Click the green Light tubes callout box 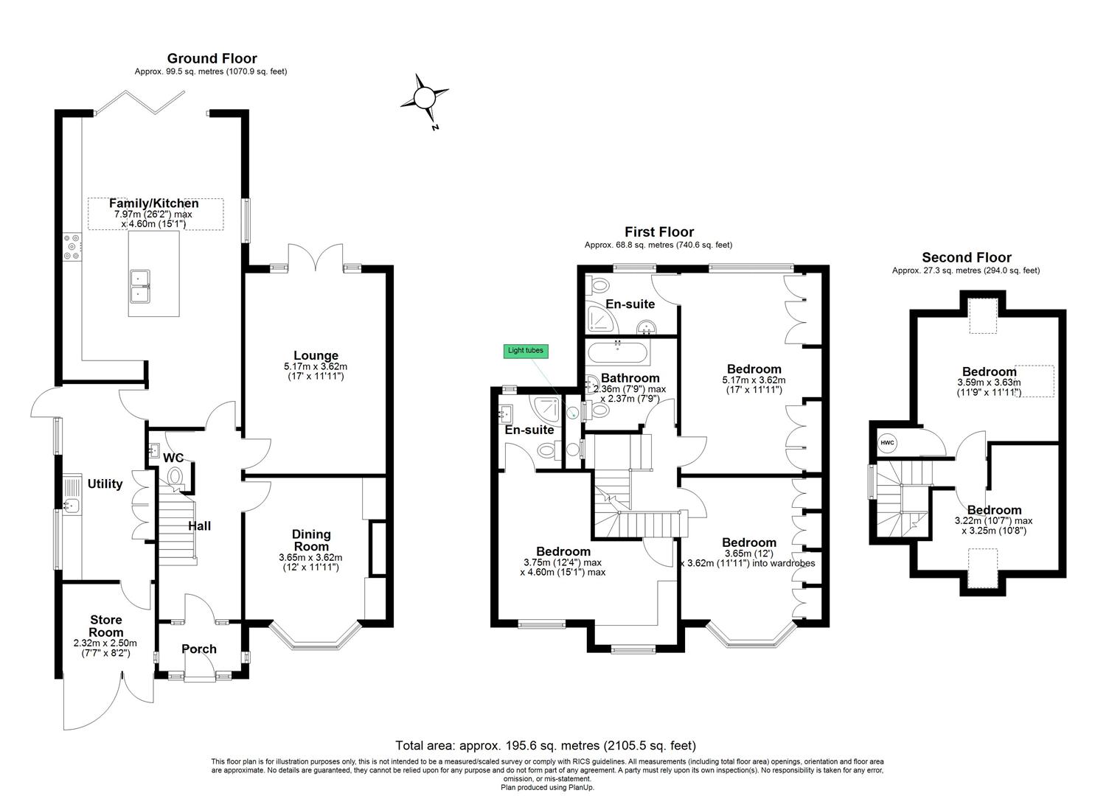pyautogui.click(x=526, y=351)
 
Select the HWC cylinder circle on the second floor pyautogui.click(x=887, y=443)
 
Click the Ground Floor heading pyautogui.click(x=212, y=59)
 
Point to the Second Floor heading pyautogui.click(x=967, y=257)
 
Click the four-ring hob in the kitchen pyautogui.click(x=72, y=247)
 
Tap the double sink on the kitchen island pyautogui.click(x=140, y=287)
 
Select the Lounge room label pyautogui.click(x=316, y=355)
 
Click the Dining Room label pyautogui.click(x=311, y=540)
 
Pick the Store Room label pyautogui.click(x=106, y=626)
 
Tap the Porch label pyautogui.click(x=199, y=649)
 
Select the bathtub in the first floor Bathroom pyautogui.click(x=619, y=352)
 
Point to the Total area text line pyautogui.click(x=546, y=746)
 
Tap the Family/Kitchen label pyautogui.click(x=153, y=203)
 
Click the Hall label pyautogui.click(x=199, y=526)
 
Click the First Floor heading pyautogui.click(x=659, y=231)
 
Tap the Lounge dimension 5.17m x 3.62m pyautogui.click(x=316, y=366)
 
